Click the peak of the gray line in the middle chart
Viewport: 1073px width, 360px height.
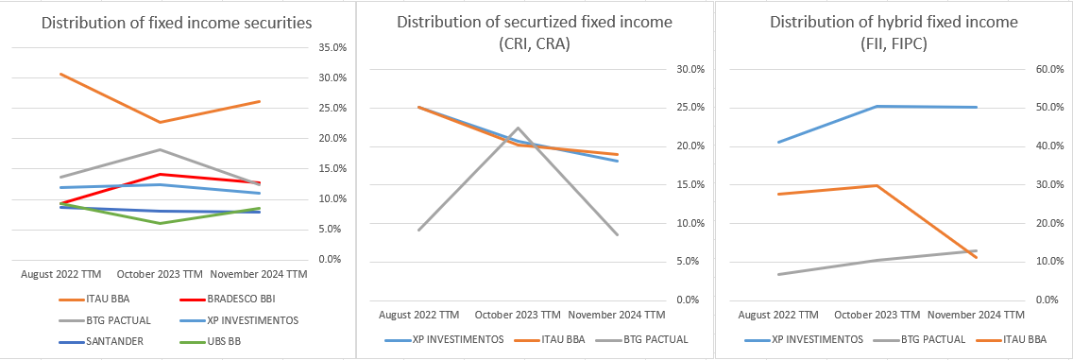pyautogui.click(x=518, y=128)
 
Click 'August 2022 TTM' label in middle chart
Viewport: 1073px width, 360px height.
pyautogui.click(x=420, y=315)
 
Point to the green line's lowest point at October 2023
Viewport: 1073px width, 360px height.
pyautogui.click(x=160, y=223)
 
